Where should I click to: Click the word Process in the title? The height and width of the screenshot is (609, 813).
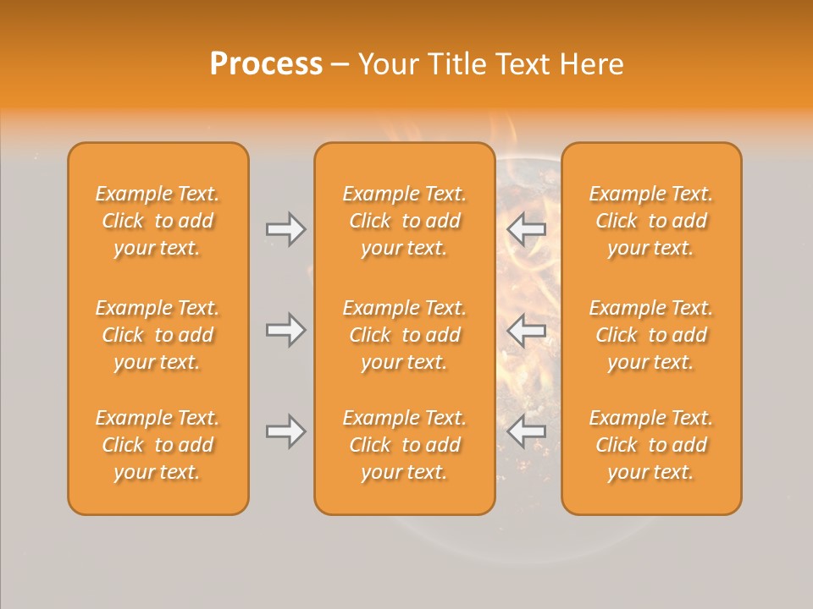point(266,64)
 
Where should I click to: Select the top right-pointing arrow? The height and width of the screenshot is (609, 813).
point(286,229)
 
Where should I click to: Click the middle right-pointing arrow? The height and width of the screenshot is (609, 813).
point(286,330)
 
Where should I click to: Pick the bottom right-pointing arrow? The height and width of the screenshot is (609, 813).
point(286,431)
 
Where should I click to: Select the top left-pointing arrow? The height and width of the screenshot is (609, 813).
point(526,229)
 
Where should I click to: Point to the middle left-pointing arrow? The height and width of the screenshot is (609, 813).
point(526,330)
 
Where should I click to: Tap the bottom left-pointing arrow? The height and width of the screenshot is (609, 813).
point(526,431)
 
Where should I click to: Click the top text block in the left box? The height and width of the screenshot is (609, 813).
point(158,221)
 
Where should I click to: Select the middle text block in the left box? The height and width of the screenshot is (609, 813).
point(158,335)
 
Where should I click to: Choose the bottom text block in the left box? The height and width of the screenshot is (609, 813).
point(158,445)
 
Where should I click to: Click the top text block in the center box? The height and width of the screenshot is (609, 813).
point(405,221)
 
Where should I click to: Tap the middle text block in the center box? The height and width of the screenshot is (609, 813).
point(405,335)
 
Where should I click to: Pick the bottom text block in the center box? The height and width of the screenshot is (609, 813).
point(405,445)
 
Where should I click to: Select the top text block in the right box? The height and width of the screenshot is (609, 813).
point(651,221)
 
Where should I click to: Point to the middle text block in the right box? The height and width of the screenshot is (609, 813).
point(651,335)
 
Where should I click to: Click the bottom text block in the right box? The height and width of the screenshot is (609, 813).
point(651,445)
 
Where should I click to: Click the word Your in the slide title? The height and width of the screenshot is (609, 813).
point(387,64)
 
